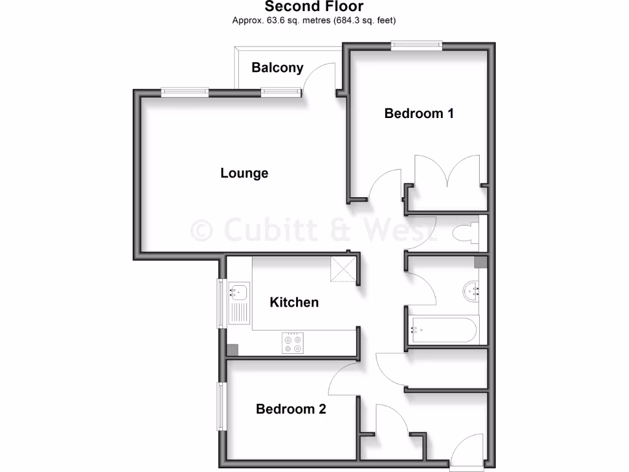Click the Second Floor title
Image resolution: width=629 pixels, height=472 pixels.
click(314, 7)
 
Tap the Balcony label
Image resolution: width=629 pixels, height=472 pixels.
click(278, 68)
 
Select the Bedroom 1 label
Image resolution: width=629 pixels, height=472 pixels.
click(419, 113)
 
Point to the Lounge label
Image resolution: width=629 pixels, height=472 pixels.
click(244, 173)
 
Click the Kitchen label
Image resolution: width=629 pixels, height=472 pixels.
click(295, 302)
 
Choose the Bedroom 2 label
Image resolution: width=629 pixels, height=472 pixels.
click(291, 409)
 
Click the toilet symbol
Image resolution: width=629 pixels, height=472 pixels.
click(464, 233)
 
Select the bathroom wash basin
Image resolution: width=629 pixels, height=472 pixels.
click(474, 290)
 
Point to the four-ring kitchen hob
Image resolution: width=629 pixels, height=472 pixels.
click(292, 343)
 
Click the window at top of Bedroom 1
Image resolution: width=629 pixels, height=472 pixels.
click(416, 44)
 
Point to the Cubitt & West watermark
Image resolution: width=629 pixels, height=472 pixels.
click(313, 230)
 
